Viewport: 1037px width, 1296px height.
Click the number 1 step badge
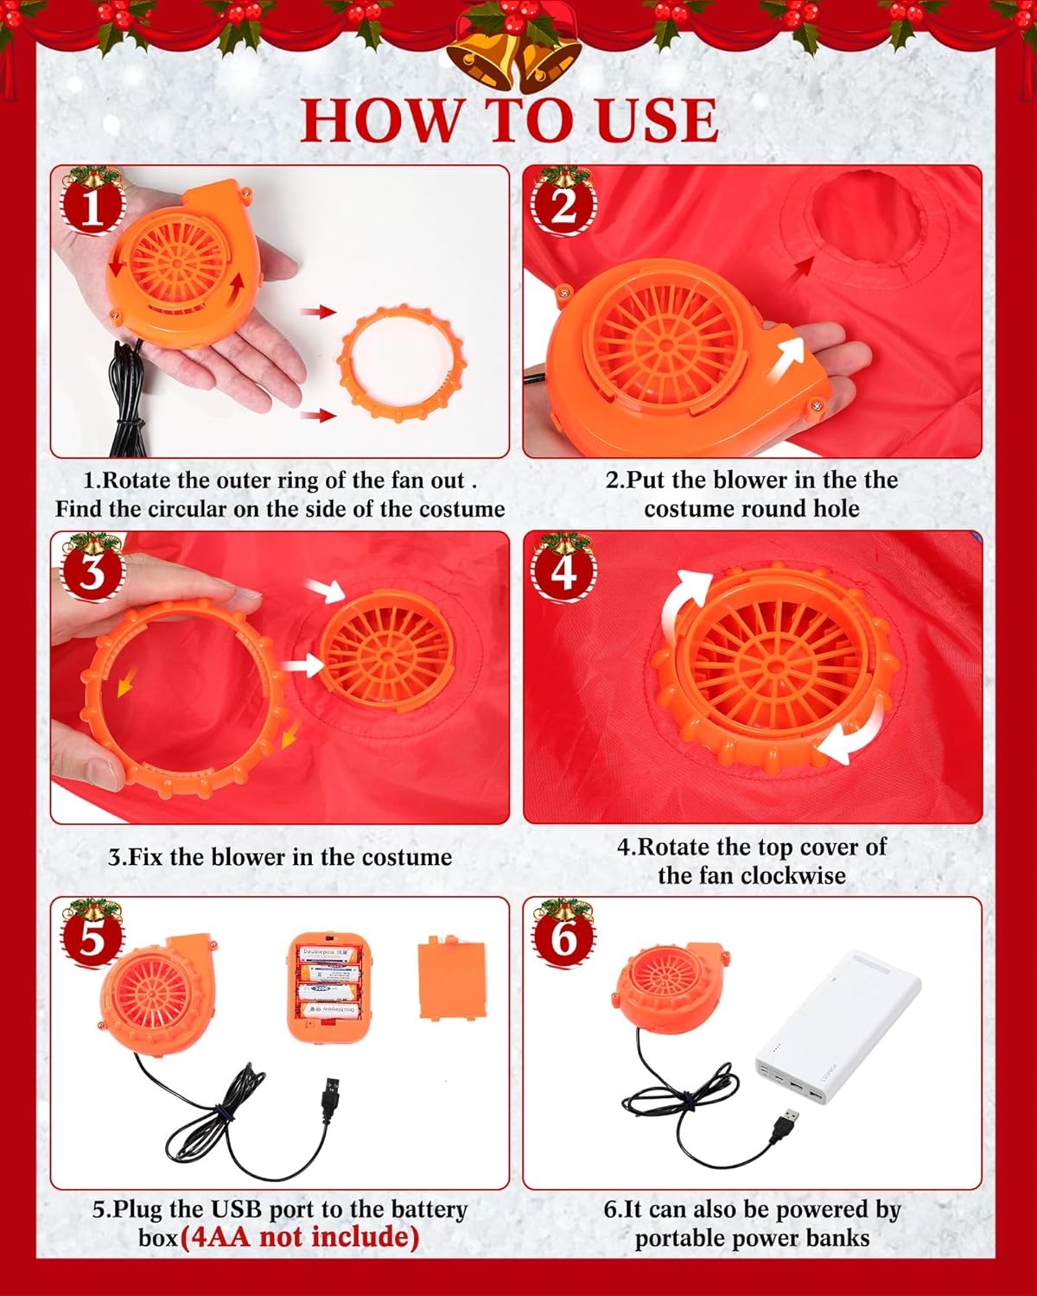(91, 207)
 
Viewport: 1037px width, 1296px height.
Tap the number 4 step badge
(563, 572)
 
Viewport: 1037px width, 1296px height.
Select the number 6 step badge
(563, 938)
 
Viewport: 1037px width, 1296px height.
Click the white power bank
(837, 1028)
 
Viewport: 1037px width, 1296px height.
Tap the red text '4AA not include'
(299, 1237)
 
